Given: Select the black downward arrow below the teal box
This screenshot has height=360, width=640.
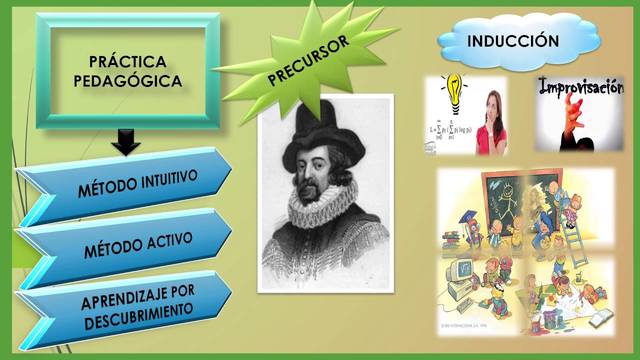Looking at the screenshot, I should [126, 143].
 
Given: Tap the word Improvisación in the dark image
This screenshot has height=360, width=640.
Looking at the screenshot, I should [581, 88].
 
